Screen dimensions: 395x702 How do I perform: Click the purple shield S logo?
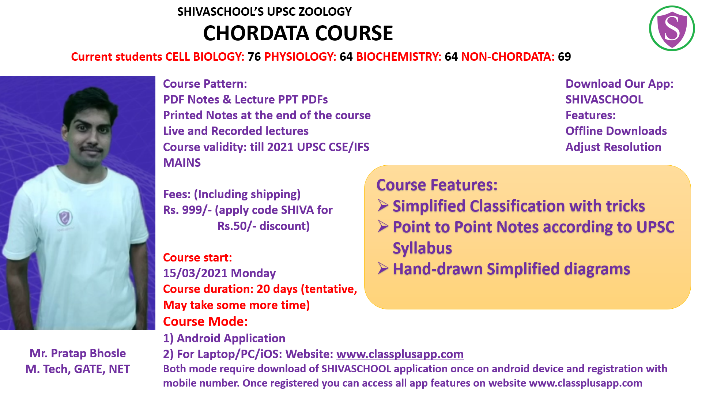(672, 29)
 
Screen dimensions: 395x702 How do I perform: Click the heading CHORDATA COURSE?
(298, 33)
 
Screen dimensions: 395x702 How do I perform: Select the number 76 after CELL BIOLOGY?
(254, 57)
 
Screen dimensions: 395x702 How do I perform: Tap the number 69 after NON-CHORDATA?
(564, 57)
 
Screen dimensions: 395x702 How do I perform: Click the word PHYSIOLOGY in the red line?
(300, 57)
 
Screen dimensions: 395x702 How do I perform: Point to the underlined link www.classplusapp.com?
(400, 354)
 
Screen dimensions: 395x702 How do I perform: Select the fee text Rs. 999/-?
(187, 210)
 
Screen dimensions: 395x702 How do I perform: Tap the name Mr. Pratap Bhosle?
(78, 353)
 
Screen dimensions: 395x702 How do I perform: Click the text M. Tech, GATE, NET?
(78, 369)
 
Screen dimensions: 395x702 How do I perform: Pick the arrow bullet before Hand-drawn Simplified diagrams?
(383, 269)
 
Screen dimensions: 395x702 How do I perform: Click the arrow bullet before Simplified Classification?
(383, 206)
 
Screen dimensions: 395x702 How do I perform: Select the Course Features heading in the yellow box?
(437, 185)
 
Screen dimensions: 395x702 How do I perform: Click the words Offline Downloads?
(616, 131)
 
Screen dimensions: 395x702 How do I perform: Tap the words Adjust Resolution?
(613, 147)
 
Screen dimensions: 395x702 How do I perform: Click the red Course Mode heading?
(205, 321)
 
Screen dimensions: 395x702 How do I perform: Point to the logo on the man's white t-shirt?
(64, 218)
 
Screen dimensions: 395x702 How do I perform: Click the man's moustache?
(91, 149)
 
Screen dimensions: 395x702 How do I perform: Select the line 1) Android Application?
(224, 338)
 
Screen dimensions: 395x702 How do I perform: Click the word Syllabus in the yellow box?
(422, 248)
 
